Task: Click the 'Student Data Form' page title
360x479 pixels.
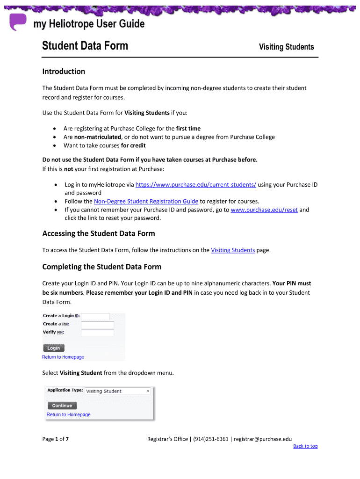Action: tap(85, 46)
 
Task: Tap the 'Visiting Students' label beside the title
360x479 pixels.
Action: tap(286, 47)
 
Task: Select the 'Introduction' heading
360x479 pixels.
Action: tap(64, 72)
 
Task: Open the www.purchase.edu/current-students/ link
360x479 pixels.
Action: tap(195, 185)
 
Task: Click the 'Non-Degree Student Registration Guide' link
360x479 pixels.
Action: tap(146, 202)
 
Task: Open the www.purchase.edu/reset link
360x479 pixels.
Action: tap(264, 210)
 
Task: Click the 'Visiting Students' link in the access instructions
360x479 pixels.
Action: tap(233, 250)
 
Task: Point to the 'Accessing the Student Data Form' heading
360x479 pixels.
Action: tap(98, 233)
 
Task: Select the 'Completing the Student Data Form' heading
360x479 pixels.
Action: tap(101, 267)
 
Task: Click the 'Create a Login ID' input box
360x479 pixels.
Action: tap(95, 316)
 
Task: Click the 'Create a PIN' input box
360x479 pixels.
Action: tap(97, 324)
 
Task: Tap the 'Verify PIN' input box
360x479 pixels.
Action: tap(97, 333)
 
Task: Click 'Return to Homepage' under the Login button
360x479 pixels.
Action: tap(63, 357)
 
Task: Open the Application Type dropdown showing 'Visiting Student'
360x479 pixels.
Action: tap(118, 391)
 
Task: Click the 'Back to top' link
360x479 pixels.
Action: tap(305, 446)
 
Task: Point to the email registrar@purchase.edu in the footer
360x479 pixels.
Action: tap(263, 439)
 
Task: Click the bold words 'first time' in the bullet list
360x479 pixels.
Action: tap(188, 129)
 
